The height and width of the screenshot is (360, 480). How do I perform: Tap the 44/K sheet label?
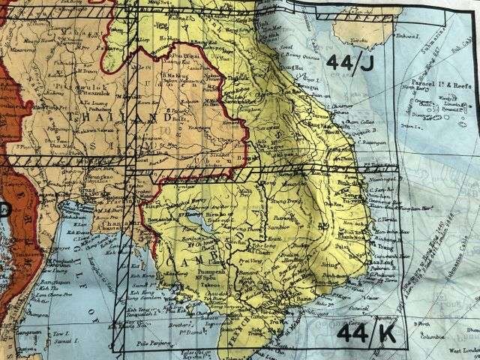tap(364, 330)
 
